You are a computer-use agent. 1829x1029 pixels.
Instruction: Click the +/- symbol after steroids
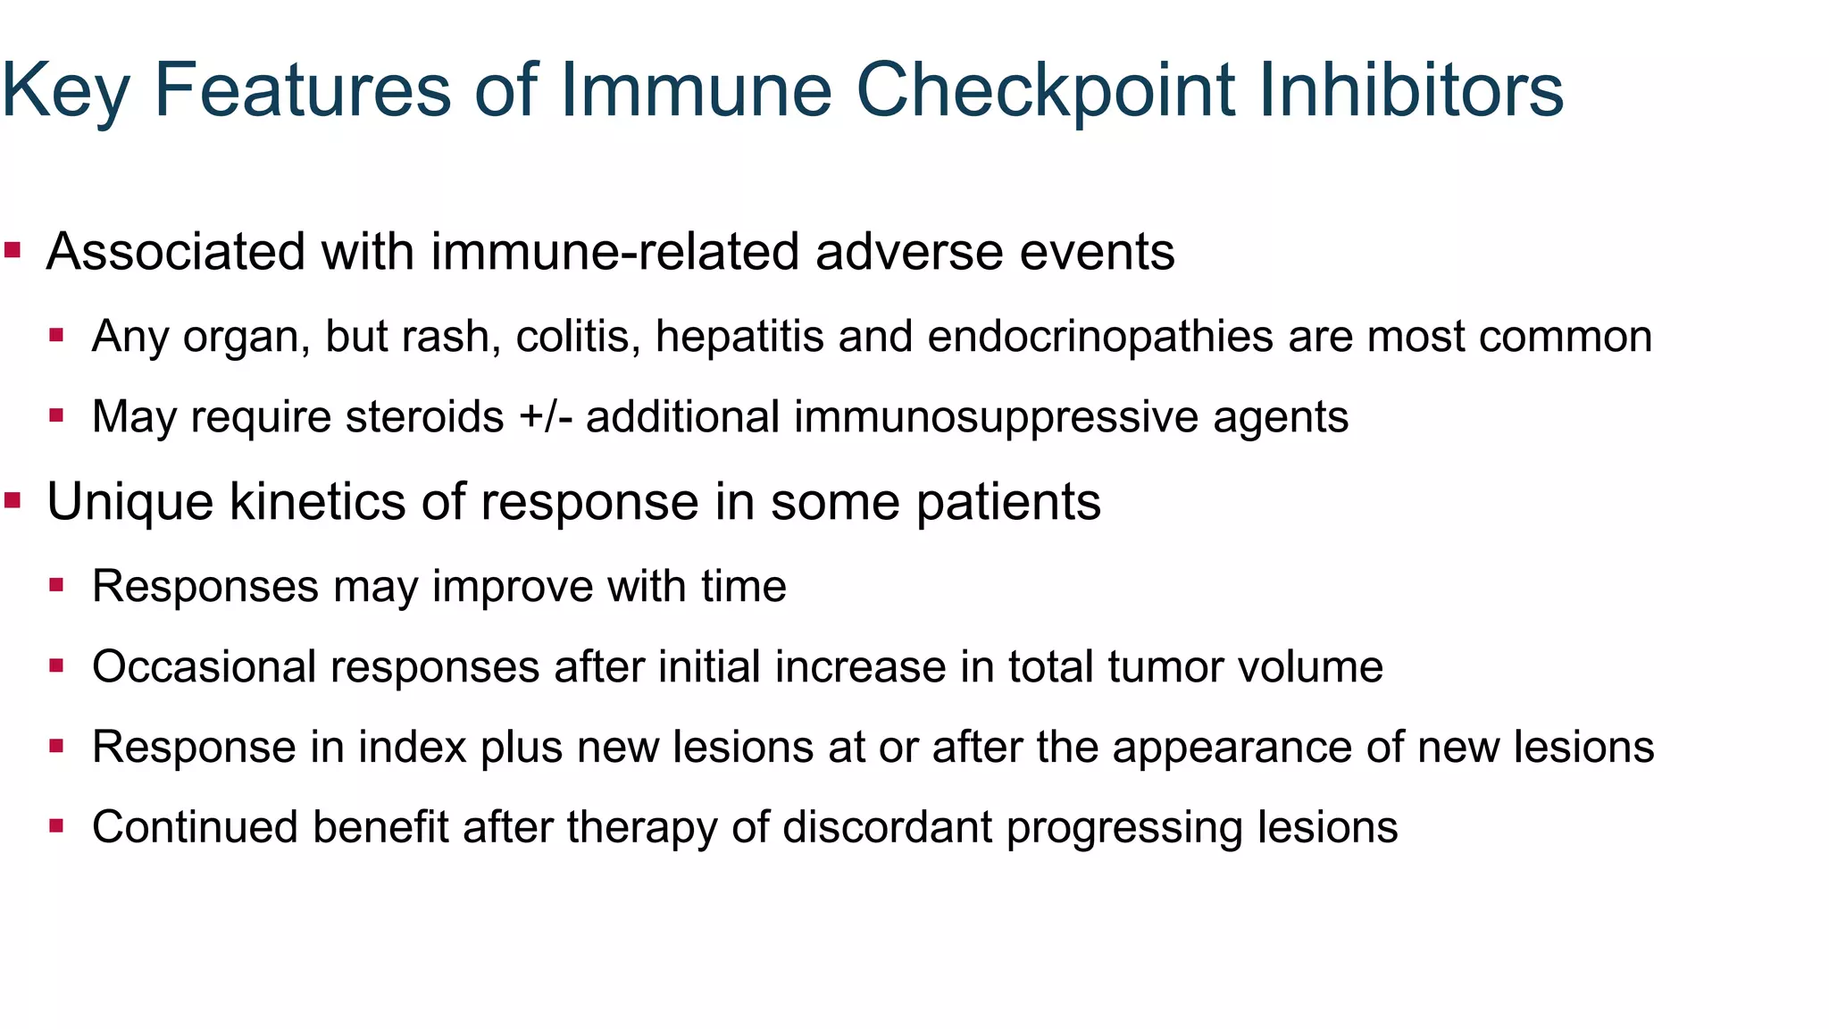[x=545, y=417]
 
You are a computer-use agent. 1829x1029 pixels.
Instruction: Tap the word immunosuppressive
[x=996, y=417]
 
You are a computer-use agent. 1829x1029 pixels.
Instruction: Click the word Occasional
[x=205, y=667]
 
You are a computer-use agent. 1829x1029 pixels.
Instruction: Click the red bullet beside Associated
[x=13, y=249]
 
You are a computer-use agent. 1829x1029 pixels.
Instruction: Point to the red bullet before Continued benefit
[x=56, y=825]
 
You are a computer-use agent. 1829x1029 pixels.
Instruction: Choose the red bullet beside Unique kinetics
[x=13, y=499]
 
